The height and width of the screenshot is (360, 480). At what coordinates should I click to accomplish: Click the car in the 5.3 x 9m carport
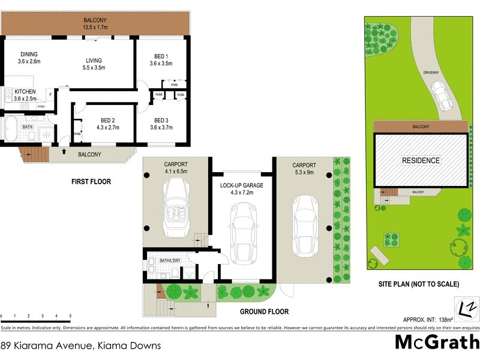(305, 225)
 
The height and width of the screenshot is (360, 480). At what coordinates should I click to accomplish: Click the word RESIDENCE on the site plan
(421, 161)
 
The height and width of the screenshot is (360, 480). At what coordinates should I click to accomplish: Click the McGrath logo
(436, 343)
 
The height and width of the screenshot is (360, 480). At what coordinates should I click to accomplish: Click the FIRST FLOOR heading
(91, 181)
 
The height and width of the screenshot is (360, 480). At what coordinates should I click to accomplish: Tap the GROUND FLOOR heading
(264, 311)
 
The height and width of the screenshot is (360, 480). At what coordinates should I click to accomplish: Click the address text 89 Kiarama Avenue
(60, 346)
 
